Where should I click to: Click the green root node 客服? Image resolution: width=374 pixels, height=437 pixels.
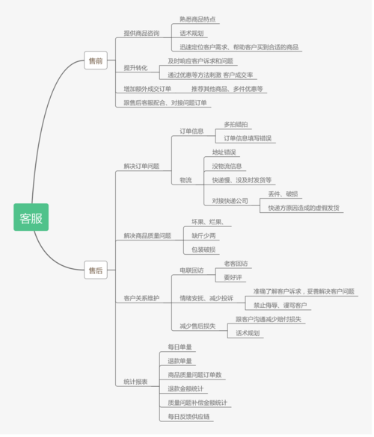pyautogui.click(x=31, y=217)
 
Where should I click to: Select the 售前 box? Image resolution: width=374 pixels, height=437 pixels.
pyautogui.click(x=95, y=61)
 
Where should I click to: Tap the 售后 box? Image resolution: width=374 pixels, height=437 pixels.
pyautogui.click(x=95, y=270)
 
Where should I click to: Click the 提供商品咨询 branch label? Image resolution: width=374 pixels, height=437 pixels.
pyautogui.click(x=141, y=33)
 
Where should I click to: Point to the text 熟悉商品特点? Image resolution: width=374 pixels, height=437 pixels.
pyautogui.click(x=198, y=19)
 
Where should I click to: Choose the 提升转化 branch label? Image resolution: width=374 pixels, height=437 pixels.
pyautogui.click(x=135, y=68)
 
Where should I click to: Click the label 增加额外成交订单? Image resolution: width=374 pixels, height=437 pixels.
pyautogui.click(x=147, y=89)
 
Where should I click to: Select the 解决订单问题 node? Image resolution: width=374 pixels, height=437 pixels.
pyautogui.click(x=141, y=166)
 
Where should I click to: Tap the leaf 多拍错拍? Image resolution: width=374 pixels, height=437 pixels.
pyautogui.click(x=238, y=124)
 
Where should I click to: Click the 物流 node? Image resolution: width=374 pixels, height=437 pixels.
pyautogui.click(x=186, y=180)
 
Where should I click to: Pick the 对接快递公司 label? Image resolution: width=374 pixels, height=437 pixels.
pyautogui.click(x=230, y=201)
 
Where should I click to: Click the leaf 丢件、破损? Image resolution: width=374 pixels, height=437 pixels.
pyautogui.click(x=283, y=193)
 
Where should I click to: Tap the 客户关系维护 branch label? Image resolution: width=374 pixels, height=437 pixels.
pyautogui.click(x=141, y=298)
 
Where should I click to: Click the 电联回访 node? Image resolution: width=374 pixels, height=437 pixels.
pyautogui.click(x=191, y=270)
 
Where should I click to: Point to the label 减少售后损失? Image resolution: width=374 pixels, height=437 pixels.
pyautogui.click(x=197, y=326)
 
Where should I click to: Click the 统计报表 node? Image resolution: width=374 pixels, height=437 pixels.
pyautogui.click(x=135, y=382)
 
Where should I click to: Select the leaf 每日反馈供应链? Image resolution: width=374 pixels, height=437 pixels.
pyautogui.click(x=188, y=416)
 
